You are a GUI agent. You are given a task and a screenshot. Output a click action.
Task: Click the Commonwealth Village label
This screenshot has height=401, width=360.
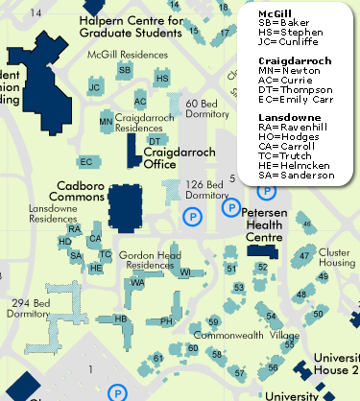(246, 336)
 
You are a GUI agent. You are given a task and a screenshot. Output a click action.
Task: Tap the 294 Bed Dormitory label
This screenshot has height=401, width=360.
(28, 309)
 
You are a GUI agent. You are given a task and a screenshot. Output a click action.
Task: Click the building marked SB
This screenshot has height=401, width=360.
(124, 70)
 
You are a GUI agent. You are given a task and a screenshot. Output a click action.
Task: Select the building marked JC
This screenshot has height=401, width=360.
(94, 87)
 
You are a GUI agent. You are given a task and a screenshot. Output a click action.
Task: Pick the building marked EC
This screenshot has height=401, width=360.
(86, 162)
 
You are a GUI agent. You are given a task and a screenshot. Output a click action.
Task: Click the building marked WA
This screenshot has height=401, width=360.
(137, 283)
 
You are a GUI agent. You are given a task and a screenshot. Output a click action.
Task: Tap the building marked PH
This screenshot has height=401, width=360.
(165, 321)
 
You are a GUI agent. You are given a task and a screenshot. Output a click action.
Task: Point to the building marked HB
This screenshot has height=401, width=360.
(121, 318)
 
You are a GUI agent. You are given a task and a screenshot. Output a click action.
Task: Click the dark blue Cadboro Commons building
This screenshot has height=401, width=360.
(126, 204)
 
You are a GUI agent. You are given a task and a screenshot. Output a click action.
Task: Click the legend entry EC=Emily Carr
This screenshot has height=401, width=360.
(295, 98)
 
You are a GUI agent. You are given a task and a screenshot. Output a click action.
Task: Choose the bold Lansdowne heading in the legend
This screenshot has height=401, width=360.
(283, 115)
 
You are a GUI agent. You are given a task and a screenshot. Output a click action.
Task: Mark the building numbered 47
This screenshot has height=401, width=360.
(303, 256)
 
